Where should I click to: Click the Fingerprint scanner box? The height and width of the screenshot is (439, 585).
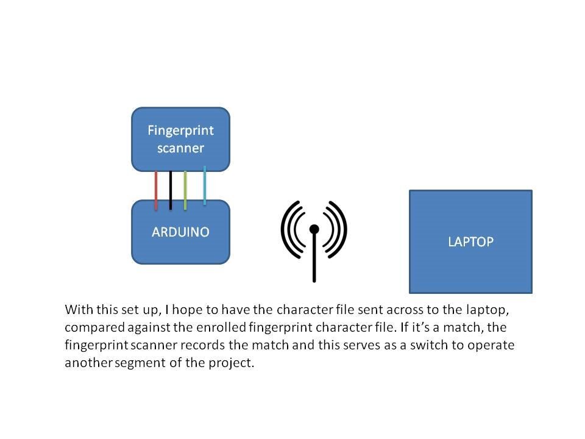pos(180,139)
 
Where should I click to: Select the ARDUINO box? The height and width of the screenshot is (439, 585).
pos(180,232)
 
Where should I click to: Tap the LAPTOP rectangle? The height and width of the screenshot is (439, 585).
pos(470,241)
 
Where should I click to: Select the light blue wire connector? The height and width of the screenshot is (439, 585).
pos(205,185)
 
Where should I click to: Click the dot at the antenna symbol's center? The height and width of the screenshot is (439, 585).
pos(314,229)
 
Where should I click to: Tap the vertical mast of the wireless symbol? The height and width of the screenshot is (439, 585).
pos(314,259)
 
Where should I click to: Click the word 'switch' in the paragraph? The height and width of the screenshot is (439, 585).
pos(416,344)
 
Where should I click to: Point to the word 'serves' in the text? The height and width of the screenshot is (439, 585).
pos(355,344)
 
